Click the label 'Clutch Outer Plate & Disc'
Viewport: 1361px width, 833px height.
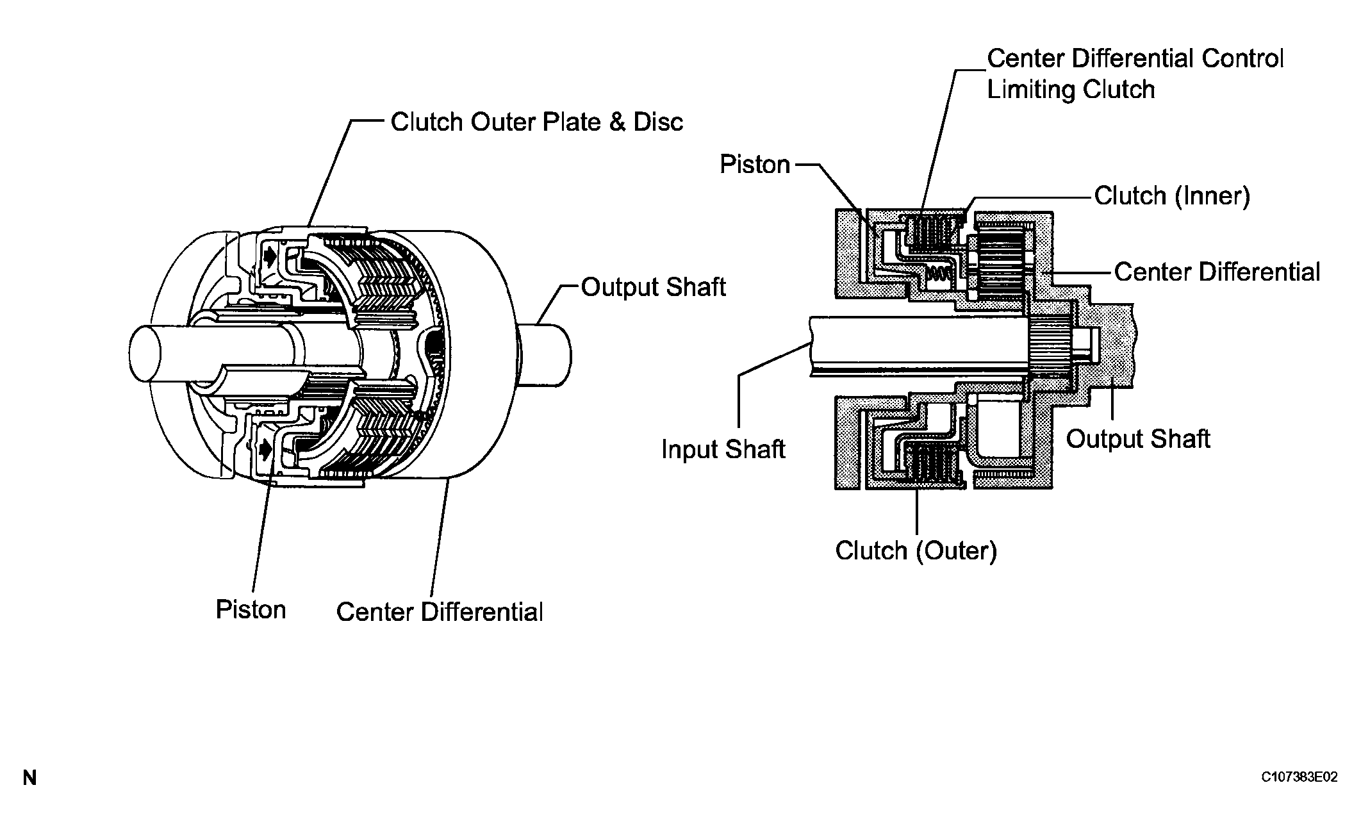(536, 122)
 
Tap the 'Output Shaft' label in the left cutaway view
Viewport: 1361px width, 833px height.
(653, 287)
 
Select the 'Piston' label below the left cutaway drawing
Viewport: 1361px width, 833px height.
(251, 609)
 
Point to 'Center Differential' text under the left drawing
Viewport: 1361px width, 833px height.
(440, 612)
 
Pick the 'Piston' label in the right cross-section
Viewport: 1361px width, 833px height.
(755, 165)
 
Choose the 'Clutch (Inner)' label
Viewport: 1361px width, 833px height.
(1172, 196)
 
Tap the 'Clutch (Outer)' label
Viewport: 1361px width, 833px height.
(916, 550)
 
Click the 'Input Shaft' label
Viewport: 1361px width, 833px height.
(723, 449)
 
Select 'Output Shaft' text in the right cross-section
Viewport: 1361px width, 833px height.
(1137, 439)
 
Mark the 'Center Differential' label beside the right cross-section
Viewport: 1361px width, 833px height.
(1217, 272)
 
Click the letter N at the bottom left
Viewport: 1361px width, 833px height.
(29, 778)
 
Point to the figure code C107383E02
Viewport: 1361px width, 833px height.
(1299, 777)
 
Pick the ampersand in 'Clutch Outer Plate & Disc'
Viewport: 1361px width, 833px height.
(616, 122)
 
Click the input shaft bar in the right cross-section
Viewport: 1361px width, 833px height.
(910, 346)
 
